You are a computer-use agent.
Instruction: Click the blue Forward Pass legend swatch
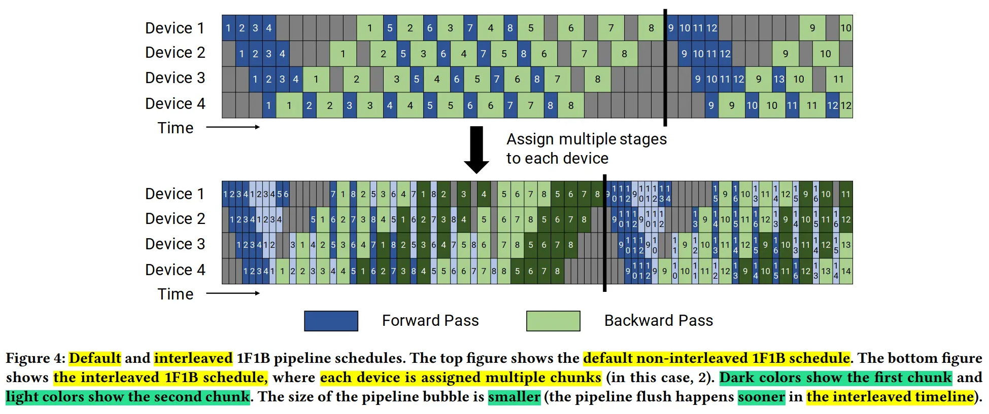pyautogui.click(x=331, y=321)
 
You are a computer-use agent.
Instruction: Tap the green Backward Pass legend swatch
pyautogui.click(x=553, y=321)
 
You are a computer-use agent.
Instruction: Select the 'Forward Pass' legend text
pyautogui.click(x=430, y=321)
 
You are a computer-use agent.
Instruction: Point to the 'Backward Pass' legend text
pyautogui.click(x=658, y=321)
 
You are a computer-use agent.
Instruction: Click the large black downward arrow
pyautogui.click(x=476, y=149)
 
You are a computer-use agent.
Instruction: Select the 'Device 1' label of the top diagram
pyautogui.click(x=175, y=28)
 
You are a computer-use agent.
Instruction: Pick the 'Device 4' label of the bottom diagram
pyautogui.click(x=175, y=270)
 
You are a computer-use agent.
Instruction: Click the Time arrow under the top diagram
pyautogui.click(x=233, y=127)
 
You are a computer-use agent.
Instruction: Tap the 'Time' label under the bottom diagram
pyautogui.click(x=175, y=294)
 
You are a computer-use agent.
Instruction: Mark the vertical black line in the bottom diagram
pyautogui.click(x=604, y=233)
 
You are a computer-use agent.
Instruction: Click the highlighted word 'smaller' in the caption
pyautogui.click(x=514, y=397)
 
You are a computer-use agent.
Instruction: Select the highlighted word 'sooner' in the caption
pyautogui.click(x=761, y=397)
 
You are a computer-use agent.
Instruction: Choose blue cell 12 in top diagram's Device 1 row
pyautogui.click(x=711, y=28)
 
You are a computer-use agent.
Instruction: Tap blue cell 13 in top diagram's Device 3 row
pyautogui.click(x=779, y=80)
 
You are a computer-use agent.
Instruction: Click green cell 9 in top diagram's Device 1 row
pyautogui.click(x=812, y=28)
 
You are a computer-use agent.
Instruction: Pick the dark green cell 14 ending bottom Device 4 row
pyautogui.click(x=846, y=272)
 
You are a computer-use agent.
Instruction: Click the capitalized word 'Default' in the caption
pyautogui.click(x=95, y=358)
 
